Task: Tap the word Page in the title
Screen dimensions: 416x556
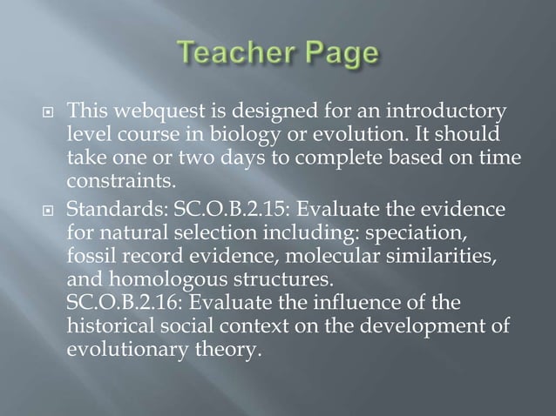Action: click(x=337, y=56)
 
